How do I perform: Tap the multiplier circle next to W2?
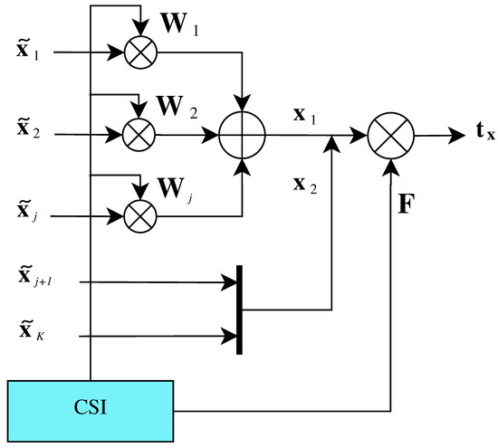[139, 134]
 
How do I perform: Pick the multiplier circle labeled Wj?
[139, 215]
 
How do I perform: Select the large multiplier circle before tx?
[390, 134]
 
